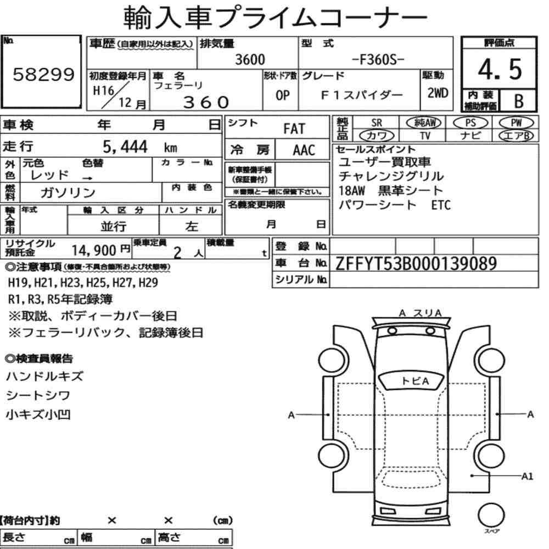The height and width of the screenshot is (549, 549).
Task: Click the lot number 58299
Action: click(x=44, y=74)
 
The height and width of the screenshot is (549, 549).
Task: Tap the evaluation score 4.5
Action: click(x=500, y=69)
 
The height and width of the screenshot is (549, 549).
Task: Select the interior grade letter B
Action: click(x=519, y=101)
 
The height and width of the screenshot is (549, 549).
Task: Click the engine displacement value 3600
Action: click(x=250, y=59)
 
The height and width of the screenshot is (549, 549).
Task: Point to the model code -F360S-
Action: click(x=378, y=60)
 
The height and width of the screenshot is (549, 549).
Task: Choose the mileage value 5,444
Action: click(x=125, y=147)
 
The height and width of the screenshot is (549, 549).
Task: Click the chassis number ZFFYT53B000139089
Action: click(x=416, y=264)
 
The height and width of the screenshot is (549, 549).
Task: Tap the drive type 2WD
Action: click(x=438, y=93)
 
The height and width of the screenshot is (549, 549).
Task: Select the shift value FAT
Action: click(x=294, y=128)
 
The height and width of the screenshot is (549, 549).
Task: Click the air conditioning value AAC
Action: click(x=304, y=150)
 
